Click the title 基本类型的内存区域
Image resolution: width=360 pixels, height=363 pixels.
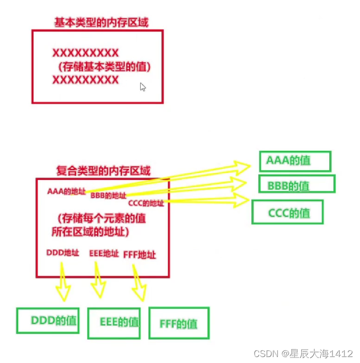tap(101, 22)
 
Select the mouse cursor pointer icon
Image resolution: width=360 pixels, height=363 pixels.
tap(143, 87)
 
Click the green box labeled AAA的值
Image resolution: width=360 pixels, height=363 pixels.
tap(295, 161)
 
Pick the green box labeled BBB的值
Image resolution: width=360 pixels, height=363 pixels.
tap(296, 184)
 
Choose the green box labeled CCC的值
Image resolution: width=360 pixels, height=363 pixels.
tap(288, 212)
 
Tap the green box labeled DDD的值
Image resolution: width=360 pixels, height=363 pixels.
tap(48, 320)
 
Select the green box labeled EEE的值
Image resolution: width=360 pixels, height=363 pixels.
tap(114, 322)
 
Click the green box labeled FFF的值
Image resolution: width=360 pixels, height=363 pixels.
tap(179, 323)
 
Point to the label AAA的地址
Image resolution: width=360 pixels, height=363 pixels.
tap(66, 191)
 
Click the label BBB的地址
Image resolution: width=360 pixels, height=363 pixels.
tap(108, 196)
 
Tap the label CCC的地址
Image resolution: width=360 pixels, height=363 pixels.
tap(146, 203)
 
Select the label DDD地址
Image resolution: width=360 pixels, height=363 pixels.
tap(63, 253)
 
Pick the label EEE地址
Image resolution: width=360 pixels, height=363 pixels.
tap(104, 253)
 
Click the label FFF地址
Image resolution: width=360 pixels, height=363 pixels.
tap(140, 255)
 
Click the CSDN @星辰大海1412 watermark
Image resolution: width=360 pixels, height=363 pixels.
tap(303, 354)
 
